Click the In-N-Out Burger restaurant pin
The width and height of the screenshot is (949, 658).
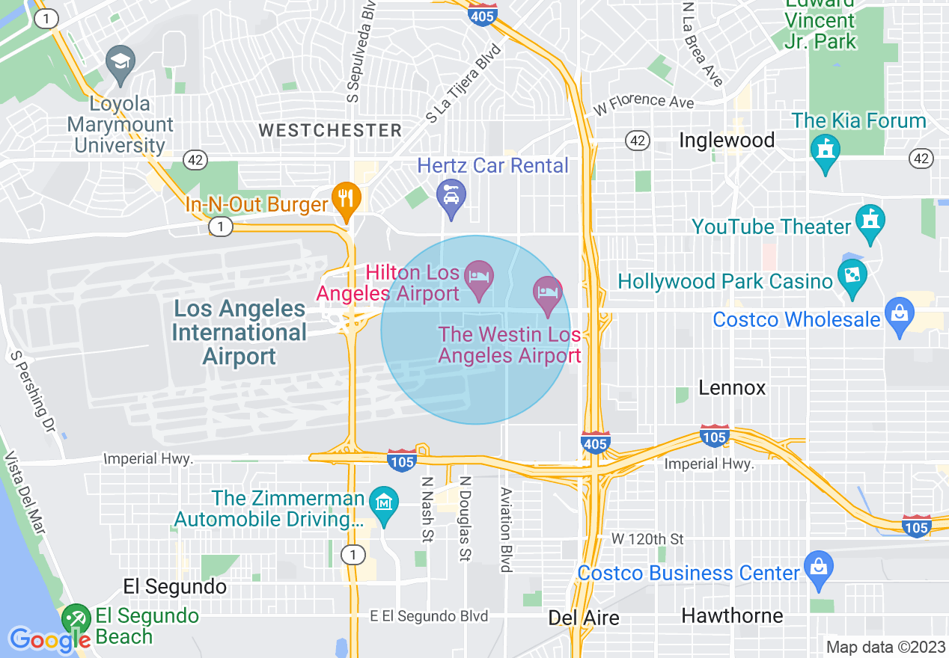[346, 199]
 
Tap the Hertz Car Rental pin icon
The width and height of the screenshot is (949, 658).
[451, 196]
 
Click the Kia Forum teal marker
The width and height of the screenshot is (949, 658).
[826, 150]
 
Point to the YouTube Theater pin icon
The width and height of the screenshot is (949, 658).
[870, 221]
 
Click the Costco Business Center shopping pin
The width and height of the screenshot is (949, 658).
[819, 568]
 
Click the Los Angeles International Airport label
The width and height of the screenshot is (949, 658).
[239, 333]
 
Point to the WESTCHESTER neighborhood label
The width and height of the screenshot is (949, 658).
[330, 130]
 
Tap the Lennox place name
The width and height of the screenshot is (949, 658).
[732, 387]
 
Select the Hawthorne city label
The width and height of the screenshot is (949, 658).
[732, 615]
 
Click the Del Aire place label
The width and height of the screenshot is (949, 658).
[584, 618]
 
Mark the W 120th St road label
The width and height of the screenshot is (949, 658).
[647, 538]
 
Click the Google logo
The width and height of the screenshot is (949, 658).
[49, 639]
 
